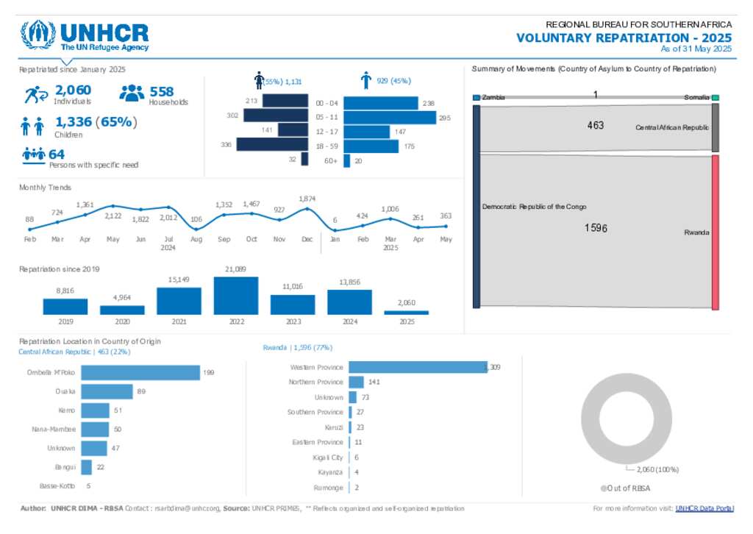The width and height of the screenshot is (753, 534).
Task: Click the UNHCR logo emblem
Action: point(38,35)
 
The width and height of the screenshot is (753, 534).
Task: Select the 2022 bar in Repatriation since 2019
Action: point(235,296)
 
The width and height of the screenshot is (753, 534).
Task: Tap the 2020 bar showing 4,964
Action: point(122,310)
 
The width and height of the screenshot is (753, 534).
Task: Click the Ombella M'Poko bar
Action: point(140,373)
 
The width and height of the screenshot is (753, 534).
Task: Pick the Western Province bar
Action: point(418,366)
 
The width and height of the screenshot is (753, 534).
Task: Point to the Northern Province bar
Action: point(356,382)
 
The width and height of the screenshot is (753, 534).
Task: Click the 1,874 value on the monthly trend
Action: point(307,199)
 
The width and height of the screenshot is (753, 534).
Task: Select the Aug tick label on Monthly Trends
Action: point(196,240)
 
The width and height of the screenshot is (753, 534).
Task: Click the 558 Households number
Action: point(162,91)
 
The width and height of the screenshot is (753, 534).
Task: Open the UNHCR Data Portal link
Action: point(704,508)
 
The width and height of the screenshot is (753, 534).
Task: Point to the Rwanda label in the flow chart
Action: point(696,232)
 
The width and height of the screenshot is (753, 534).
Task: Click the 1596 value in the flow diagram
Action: point(596,228)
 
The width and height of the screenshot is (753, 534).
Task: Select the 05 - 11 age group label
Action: point(326,117)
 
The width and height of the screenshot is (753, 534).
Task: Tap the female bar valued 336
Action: point(271,145)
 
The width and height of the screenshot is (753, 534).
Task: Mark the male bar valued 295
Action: point(389,117)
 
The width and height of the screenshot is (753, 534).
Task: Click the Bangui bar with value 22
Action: point(86,467)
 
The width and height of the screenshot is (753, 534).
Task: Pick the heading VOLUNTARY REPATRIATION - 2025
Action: point(624,38)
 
